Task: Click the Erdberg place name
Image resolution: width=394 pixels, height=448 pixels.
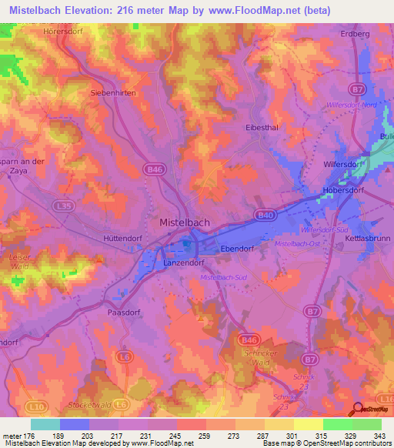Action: point(356,34)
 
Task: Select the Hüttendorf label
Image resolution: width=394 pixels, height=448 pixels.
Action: point(124,239)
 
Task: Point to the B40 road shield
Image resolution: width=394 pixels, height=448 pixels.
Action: point(265,216)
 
